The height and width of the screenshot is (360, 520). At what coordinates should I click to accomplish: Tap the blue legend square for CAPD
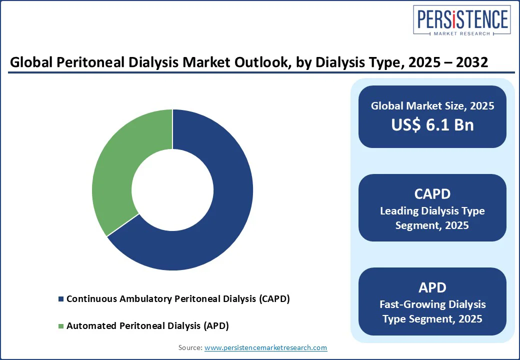[60, 299]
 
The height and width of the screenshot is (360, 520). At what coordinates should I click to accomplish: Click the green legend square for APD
[60, 326]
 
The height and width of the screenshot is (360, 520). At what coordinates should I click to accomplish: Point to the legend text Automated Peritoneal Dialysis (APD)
[148, 326]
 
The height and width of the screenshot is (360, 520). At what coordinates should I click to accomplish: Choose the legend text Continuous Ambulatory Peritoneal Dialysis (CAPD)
[178, 298]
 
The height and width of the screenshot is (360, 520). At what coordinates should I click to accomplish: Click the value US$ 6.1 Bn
[432, 124]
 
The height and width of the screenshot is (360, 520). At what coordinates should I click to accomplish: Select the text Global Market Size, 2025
[432, 105]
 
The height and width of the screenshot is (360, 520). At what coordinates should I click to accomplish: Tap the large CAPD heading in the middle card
[432, 194]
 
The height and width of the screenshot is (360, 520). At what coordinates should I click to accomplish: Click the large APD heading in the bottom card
[432, 287]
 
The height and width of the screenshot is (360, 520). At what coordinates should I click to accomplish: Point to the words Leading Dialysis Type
[432, 211]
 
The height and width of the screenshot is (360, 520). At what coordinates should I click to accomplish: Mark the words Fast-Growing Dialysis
[432, 304]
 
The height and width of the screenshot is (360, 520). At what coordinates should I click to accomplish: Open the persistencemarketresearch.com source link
[265, 347]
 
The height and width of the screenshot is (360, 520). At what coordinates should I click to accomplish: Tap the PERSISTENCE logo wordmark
[462, 19]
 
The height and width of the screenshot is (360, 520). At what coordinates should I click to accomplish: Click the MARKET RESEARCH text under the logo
[461, 33]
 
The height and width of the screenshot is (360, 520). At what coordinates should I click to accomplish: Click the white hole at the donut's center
[172, 190]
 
